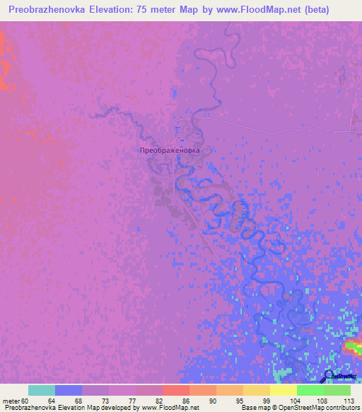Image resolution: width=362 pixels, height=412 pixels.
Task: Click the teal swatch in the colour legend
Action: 42,390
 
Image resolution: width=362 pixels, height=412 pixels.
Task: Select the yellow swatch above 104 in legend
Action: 284,390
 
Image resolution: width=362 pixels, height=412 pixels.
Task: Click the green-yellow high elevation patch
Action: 354,346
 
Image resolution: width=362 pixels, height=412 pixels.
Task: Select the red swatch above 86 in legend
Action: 176,390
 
